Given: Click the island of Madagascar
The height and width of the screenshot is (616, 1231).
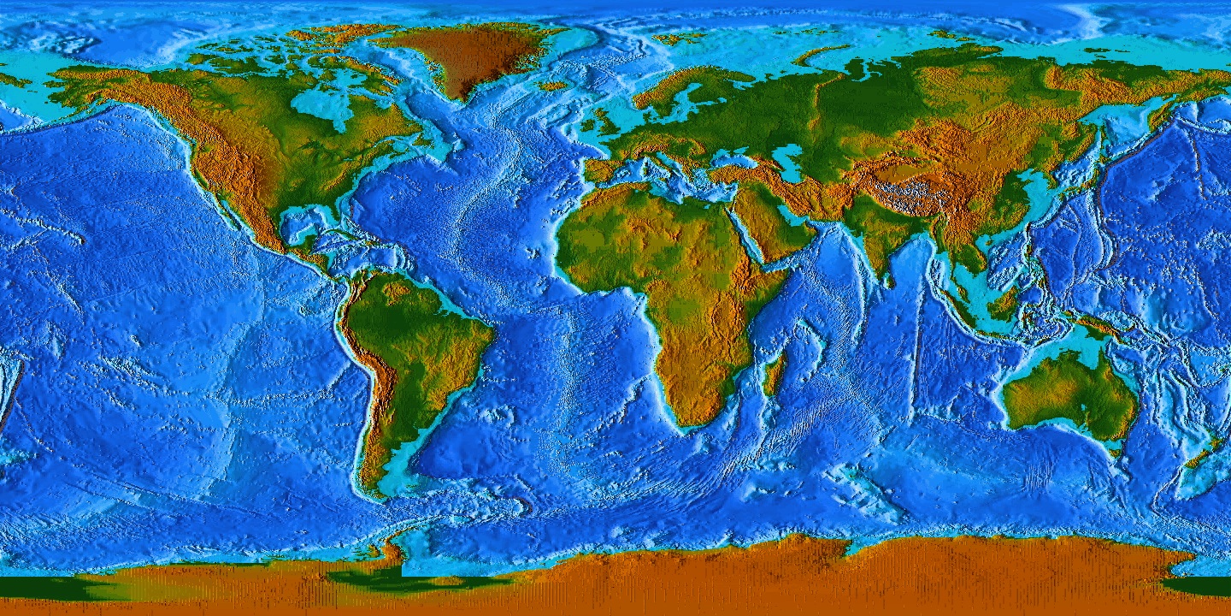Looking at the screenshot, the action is (x=775, y=375).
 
